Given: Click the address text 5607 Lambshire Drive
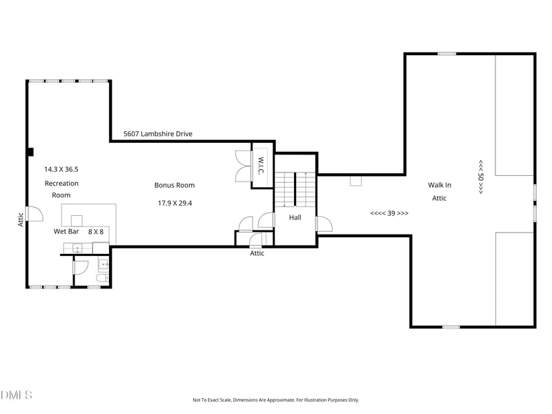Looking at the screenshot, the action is (x=158, y=134).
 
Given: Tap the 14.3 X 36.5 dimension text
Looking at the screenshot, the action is (x=61, y=169).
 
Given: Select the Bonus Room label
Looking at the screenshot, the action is (x=175, y=185).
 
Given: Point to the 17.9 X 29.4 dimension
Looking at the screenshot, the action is (x=175, y=203).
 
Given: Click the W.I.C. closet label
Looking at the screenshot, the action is (x=261, y=166).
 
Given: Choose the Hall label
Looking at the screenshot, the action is (x=295, y=217).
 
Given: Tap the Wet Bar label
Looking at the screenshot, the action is (x=66, y=231).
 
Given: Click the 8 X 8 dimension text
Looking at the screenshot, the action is (x=96, y=232).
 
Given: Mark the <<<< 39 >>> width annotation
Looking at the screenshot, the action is (x=389, y=213).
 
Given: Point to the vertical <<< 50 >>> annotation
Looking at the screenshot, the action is (x=480, y=177).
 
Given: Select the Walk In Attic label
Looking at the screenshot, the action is (x=440, y=192).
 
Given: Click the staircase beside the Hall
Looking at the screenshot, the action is (x=295, y=189).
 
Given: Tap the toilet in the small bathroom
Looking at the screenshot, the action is (x=102, y=279).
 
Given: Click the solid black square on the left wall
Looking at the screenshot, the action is (x=30, y=152).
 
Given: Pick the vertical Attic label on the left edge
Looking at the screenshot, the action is (x=21, y=219).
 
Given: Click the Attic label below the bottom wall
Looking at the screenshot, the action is (x=257, y=253).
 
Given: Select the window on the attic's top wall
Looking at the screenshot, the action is (x=446, y=54).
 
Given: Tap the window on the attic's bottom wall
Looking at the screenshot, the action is (x=451, y=327).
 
